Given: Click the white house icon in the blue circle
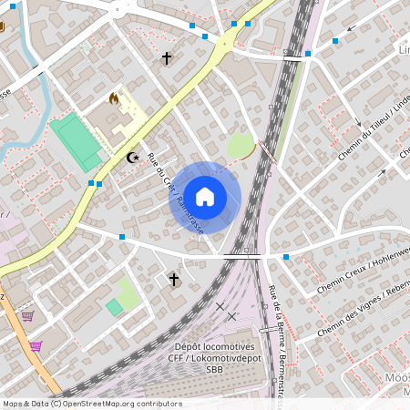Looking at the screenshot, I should pos(205,197).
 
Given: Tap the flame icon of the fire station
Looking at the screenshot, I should pos(114,97).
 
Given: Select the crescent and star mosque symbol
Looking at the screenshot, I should pos(133,158).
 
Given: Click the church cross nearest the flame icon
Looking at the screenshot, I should pos(166,59).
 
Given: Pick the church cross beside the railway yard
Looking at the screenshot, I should pos(174,279).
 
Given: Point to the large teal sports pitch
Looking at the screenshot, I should pos(77,140).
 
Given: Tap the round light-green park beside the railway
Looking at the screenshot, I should pos(241,146).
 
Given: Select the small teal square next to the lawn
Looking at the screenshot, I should pos(114,307).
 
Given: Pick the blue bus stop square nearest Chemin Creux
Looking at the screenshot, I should pos(286,258).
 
